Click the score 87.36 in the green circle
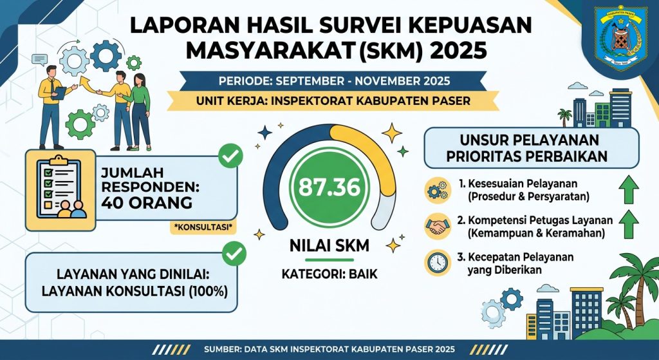point(330,187)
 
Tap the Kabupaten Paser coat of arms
point(621,39)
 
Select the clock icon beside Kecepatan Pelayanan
point(438,263)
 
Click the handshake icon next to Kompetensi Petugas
point(438,227)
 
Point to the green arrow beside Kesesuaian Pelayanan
point(629,190)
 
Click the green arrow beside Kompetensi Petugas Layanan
point(629,225)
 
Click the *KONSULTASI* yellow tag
point(203,227)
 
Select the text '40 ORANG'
point(147,203)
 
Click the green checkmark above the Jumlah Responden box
point(231,156)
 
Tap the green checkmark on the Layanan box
point(234,253)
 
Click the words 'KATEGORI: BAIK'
point(329,274)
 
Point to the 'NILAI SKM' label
point(329,245)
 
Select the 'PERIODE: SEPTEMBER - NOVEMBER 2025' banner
point(335,81)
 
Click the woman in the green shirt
point(140,111)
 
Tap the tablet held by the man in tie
point(59,93)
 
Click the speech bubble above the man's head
point(39,60)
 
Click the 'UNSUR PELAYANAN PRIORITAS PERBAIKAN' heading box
point(531,148)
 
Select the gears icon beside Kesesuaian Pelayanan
point(438,190)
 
